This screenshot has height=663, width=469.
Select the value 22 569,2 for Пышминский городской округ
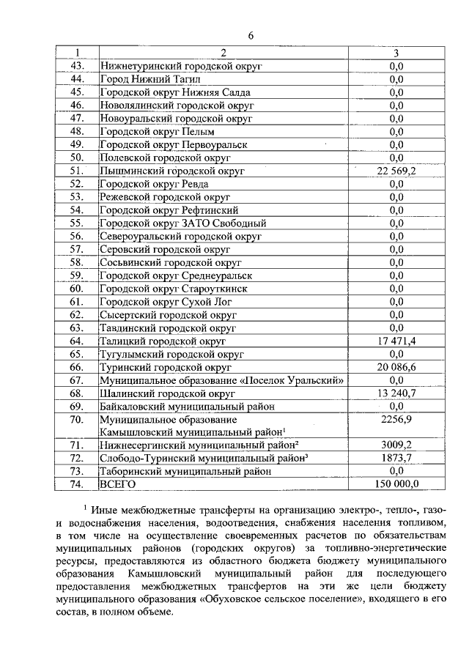pos(396,171)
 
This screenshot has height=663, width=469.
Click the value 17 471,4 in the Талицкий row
pos(396,341)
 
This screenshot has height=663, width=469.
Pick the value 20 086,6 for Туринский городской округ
pos(396,367)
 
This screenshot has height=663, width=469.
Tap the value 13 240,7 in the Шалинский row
pos(396,393)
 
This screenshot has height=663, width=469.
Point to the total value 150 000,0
pos(396,484)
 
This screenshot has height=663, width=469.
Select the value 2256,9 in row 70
pos(396,420)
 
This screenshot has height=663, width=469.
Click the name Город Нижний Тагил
pos(147,79)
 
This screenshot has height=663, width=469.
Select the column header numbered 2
pos(224,53)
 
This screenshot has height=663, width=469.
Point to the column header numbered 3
pos(396,53)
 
